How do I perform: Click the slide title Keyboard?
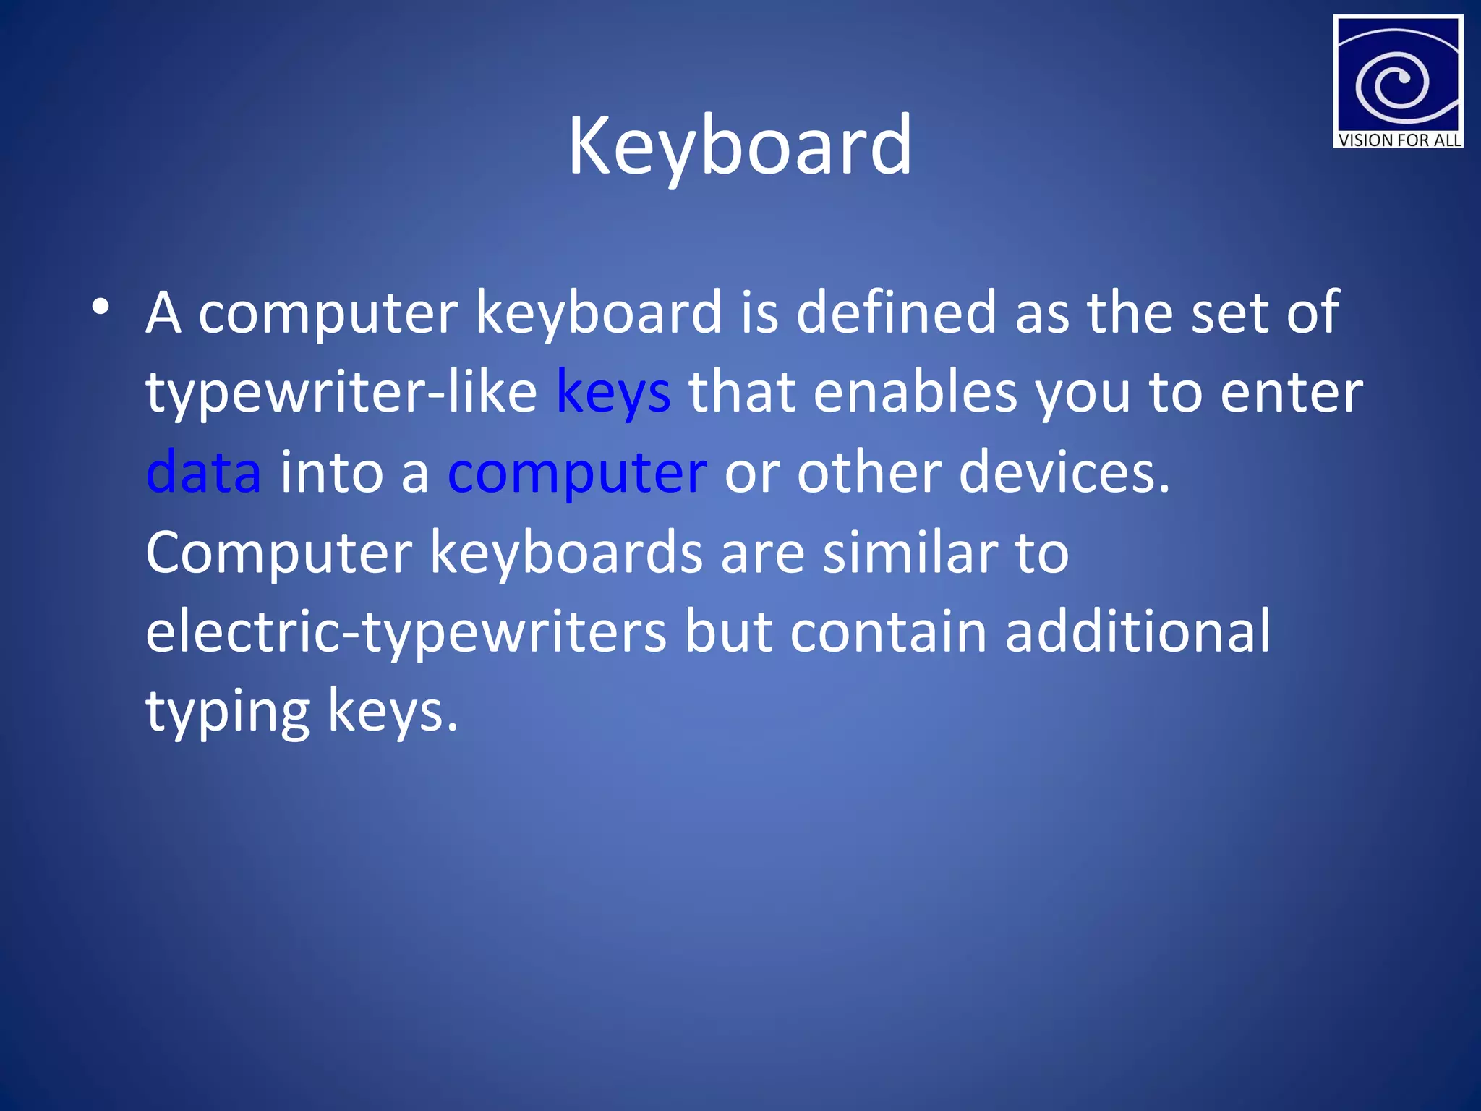coord(740,147)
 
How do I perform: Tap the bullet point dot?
coord(101,307)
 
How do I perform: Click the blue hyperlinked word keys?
coord(613,393)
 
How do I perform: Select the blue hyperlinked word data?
coord(203,472)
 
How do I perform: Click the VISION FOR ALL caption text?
coord(1399,140)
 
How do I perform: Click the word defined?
coord(896,312)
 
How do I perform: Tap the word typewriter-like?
coord(341,393)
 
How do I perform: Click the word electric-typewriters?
coord(406,632)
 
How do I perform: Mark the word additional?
coord(1137,631)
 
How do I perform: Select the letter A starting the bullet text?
coord(163,312)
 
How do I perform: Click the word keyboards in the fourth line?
coord(566,552)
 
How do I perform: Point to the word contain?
coord(888,631)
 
